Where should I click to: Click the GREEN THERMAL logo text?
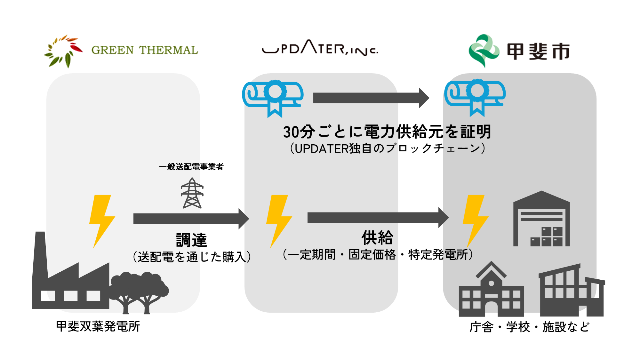click(x=145, y=50)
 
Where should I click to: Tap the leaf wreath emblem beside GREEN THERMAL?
click(x=63, y=51)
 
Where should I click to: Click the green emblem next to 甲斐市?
click(x=484, y=51)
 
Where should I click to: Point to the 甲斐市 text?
click(x=538, y=51)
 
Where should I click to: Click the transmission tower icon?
click(x=192, y=193)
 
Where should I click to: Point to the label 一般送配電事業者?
click(x=191, y=167)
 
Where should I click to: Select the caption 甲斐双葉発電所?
click(x=98, y=326)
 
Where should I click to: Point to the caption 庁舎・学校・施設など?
click(x=529, y=327)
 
